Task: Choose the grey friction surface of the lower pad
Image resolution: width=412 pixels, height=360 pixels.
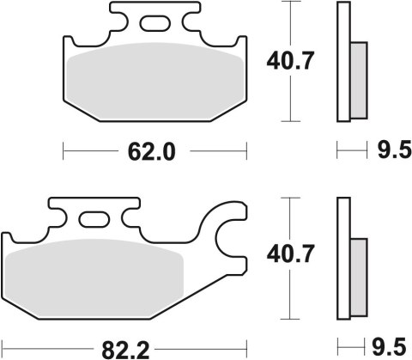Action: pyautogui.click(x=94, y=275)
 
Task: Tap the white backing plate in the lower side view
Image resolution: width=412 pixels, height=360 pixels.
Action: pyautogui.click(x=343, y=258)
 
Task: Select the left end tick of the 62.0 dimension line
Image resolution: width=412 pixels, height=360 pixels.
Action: pyautogui.click(x=65, y=152)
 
